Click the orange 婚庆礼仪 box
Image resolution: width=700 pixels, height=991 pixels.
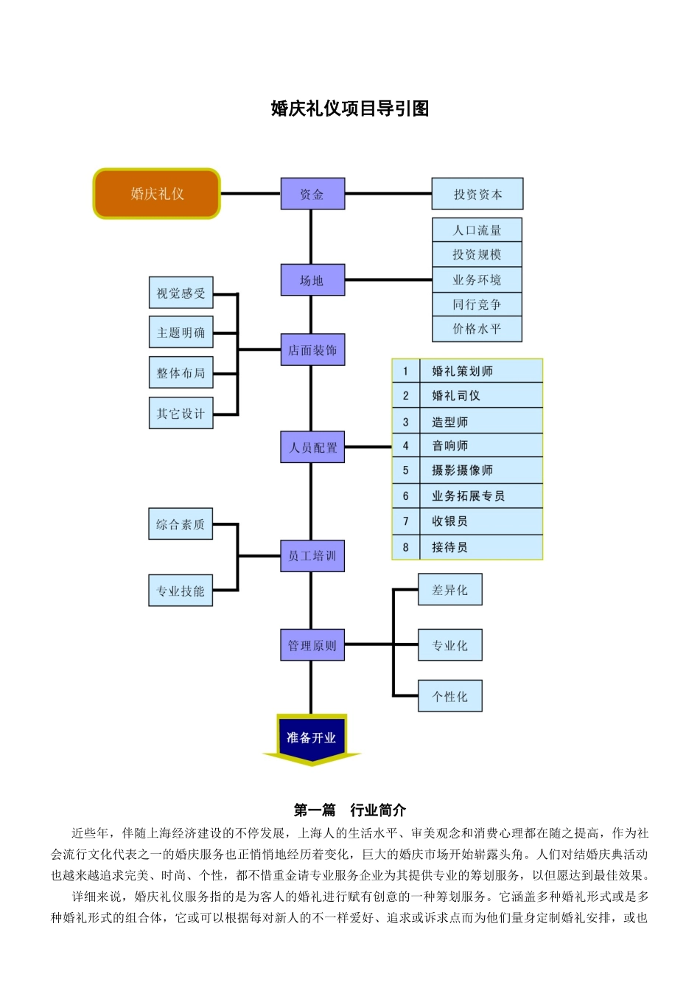click(157, 194)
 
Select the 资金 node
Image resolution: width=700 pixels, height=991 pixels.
click(312, 194)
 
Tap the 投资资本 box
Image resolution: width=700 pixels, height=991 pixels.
click(477, 194)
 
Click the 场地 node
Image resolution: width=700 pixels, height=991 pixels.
click(312, 280)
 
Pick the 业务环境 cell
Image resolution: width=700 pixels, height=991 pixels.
click(477, 279)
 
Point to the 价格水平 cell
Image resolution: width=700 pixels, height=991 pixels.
click(477, 329)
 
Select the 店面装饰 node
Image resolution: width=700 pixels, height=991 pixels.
click(312, 350)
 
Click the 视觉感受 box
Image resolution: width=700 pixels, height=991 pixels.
click(181, 293)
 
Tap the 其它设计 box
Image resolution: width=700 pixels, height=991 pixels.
click(181, 413)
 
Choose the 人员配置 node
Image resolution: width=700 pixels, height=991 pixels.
click(312, 448)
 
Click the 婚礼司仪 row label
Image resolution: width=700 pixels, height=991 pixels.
click(456, 396)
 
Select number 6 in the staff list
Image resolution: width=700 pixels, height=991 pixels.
click(405, 496)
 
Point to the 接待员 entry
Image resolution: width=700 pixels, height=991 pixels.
click(449, 547)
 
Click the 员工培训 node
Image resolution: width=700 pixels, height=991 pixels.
click(312, 556)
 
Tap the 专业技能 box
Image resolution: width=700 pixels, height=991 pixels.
click(181, 591)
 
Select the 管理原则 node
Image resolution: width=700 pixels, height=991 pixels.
click(312, 645)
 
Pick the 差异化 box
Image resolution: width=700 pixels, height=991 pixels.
click(449, 590)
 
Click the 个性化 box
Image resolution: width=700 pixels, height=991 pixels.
click(449, 696)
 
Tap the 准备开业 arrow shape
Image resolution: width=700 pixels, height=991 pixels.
click(312, 738)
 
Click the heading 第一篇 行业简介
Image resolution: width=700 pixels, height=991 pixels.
click(349, 810)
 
